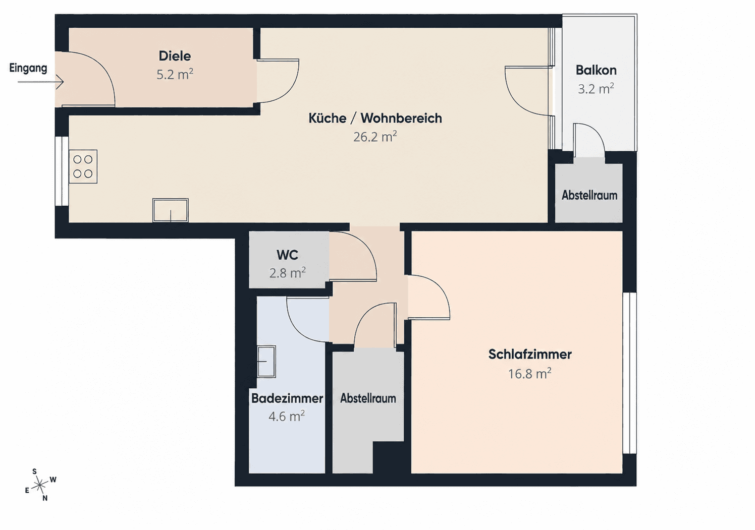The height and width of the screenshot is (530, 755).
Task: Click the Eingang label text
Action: (x=28, y=68)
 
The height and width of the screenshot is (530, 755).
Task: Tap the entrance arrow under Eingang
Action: (x=40, y=82)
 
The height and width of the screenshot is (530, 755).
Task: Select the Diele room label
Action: (x=175, y=56)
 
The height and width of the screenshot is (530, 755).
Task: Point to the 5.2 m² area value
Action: (x=175, y=74)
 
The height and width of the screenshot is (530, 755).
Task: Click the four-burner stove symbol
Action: (x=83, y=166)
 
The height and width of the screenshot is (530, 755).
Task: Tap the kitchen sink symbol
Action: (x=170, y=210)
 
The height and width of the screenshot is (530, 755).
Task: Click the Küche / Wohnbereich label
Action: (x=375, y=118)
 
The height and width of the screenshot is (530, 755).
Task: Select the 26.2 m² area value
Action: (x=375, y=137)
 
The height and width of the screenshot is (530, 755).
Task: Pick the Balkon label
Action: (x=596, y=70)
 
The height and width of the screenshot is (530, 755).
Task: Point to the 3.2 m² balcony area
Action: (x=596, y=89)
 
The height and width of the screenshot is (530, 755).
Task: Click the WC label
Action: (x=287, y=255)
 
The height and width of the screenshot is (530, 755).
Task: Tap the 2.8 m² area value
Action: (x=287, y=273)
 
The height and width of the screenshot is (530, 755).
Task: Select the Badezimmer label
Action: (x=287, y=398)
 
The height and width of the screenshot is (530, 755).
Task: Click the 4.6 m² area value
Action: (x=287, y=416)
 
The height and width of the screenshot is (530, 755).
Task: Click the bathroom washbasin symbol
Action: (x=266, y=361)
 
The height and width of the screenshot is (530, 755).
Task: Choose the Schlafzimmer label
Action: (x=530, y=354)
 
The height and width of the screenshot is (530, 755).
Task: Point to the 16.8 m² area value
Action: (x=529, y=374)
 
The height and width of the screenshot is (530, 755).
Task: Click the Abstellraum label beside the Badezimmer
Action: (x=368, y=398)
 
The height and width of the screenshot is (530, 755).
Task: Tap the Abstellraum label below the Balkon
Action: (x=589, y=195)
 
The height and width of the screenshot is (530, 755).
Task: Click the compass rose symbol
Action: (x=40, y=485)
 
